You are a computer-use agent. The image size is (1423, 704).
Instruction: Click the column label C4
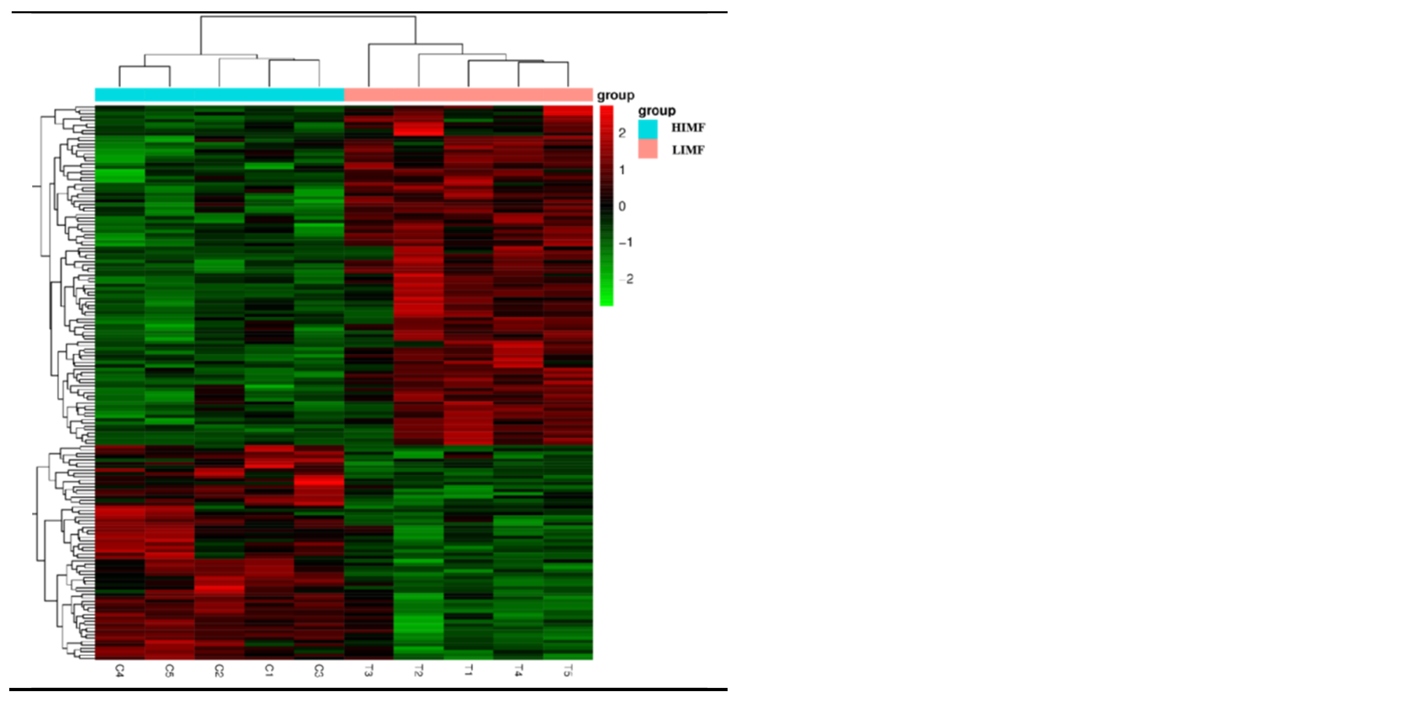pos(119,671)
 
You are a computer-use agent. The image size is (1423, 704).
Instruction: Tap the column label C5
pos(169,671)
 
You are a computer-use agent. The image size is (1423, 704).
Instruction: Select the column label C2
pos(219,671)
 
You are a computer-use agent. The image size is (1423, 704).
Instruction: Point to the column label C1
pos(269,671)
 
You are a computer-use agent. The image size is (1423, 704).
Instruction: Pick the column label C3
pos(319,671)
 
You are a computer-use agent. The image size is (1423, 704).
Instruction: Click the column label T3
pos(369,671)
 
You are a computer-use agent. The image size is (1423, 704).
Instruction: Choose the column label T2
pos(418,671)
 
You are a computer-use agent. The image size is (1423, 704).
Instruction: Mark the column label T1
pos(468,671)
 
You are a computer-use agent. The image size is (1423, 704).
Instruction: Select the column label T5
pos(568,671)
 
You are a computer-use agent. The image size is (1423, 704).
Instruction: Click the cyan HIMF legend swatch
pos(648,129)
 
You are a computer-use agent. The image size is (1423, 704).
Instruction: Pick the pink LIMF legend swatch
pos(648,149)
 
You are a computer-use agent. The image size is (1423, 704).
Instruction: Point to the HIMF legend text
pos(688,128)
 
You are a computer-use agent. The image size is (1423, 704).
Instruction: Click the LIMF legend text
pos(688,150)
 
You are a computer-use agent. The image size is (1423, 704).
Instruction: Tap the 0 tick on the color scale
pos(622,206)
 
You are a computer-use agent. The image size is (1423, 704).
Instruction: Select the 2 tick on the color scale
pos(622,133)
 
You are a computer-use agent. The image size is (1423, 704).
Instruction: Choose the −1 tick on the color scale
pos(625,243)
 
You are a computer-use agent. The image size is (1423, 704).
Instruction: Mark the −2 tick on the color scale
pos(627,279)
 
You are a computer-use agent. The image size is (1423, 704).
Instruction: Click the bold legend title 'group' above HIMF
pos(657,111)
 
